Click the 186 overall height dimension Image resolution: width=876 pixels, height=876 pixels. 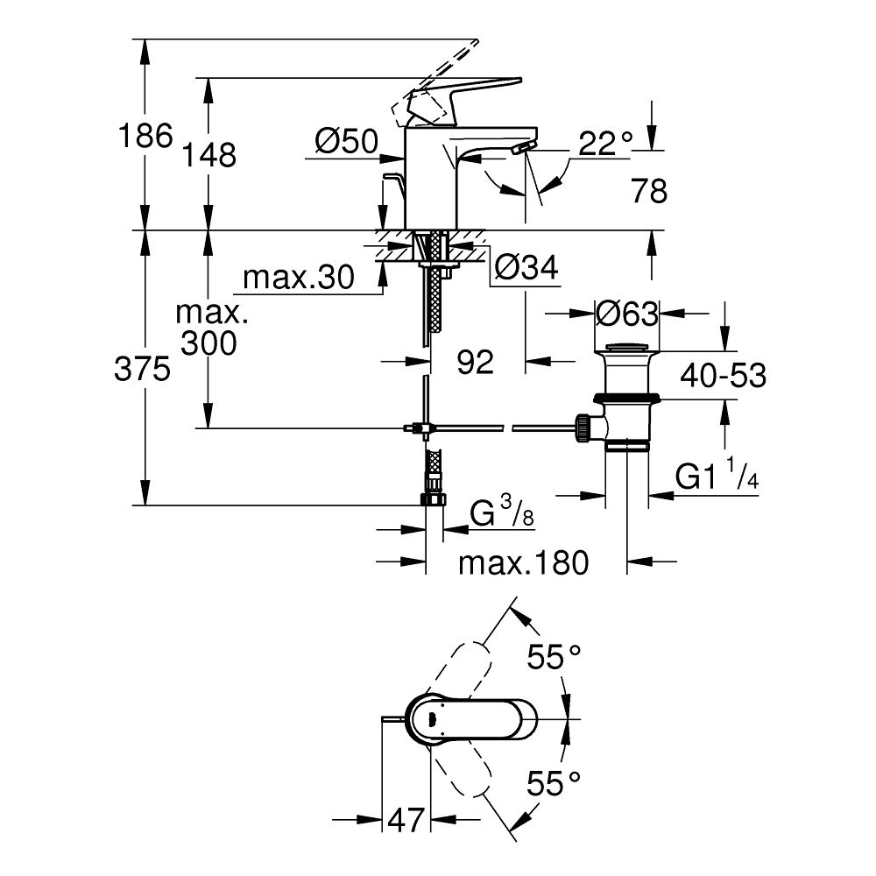[x=145, y=137]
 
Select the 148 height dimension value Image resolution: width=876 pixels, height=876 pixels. [x=210, y=155]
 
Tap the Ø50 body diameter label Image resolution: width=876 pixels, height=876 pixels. [x=345, y=140]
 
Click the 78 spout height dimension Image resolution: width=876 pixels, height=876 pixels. [x=648, y=190]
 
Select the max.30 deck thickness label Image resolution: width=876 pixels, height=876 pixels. [x=298, y=278]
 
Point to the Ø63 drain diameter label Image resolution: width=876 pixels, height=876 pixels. [x=626, y=312]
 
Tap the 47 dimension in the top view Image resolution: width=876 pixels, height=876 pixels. [x=406, y=821]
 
